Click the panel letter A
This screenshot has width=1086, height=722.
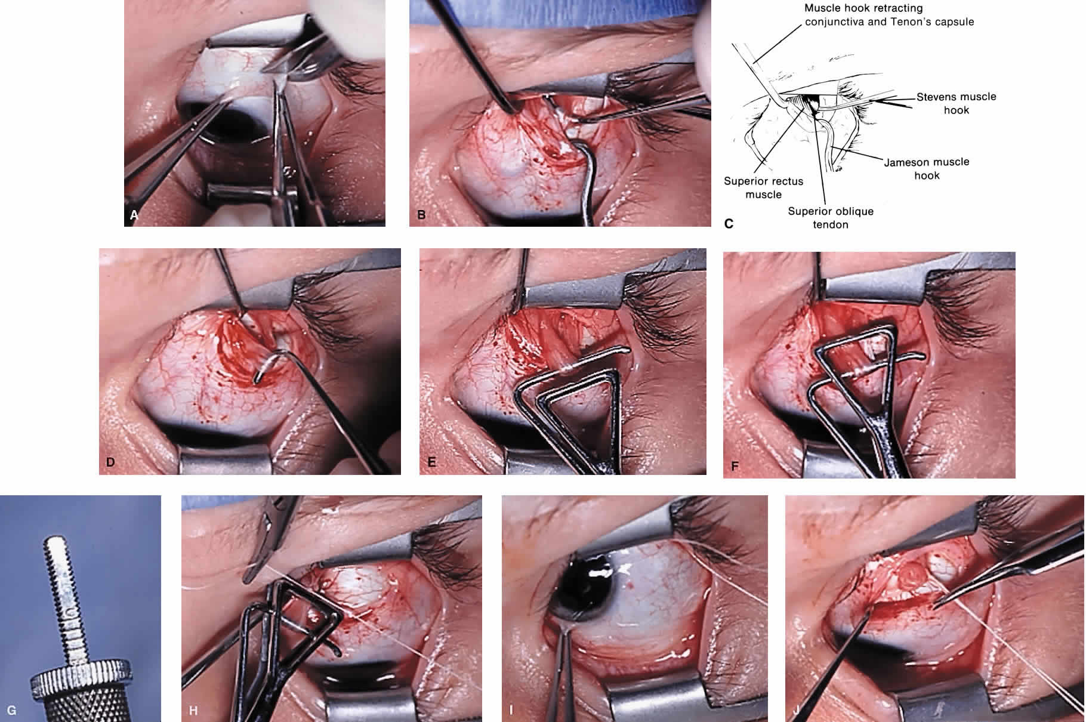point(134,215)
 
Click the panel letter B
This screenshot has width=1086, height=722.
point(421,215)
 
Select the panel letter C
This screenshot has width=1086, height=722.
point(729,224)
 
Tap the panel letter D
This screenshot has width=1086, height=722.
point(110,462)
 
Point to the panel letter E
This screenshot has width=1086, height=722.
point(432,462)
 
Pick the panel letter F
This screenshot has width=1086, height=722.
point(735,466)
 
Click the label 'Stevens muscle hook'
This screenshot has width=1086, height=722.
point(957,103)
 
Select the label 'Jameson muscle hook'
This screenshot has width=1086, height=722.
point(927,168)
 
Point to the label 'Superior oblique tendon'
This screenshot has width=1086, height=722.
point(831,218)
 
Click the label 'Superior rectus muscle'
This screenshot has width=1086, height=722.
point(764,187)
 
